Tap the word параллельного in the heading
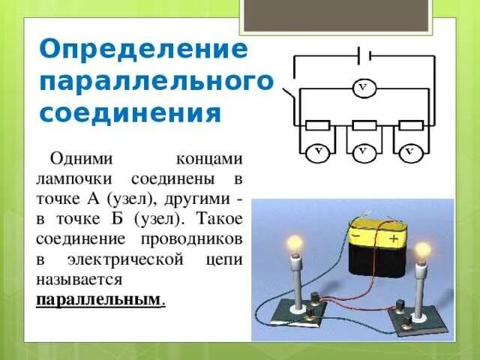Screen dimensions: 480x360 click(156, 81)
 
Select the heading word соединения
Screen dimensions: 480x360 click(130, 113)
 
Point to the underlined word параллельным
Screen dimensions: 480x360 click(98, 298)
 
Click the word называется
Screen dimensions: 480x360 click(79, 278)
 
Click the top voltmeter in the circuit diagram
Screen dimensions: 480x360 click(363, 88)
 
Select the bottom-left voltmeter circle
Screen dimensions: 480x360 click(317, 152)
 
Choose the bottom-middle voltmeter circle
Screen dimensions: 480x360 click(363, 152)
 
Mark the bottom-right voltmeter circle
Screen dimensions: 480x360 click(409, 152)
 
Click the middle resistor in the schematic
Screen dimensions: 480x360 click(364, 125)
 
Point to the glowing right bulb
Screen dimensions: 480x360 click(423, 249)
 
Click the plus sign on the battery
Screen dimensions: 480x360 click(394, 239)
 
